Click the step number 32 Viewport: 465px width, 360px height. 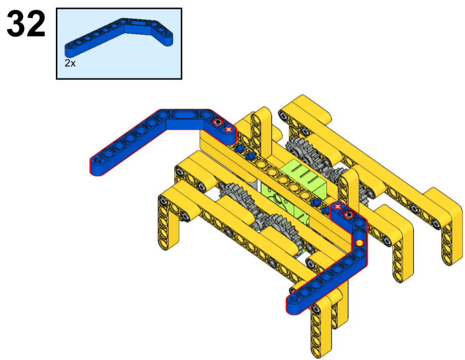click(26, 24)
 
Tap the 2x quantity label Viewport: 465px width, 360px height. click(70, 63)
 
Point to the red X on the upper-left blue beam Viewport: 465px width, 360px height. click(228, 129)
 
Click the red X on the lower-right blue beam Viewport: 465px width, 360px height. click(337, 207)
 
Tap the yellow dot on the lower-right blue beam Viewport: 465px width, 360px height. click(359, 243)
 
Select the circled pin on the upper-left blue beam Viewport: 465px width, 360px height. click(217, 122)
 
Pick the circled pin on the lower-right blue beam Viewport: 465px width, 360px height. click(348, 214)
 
